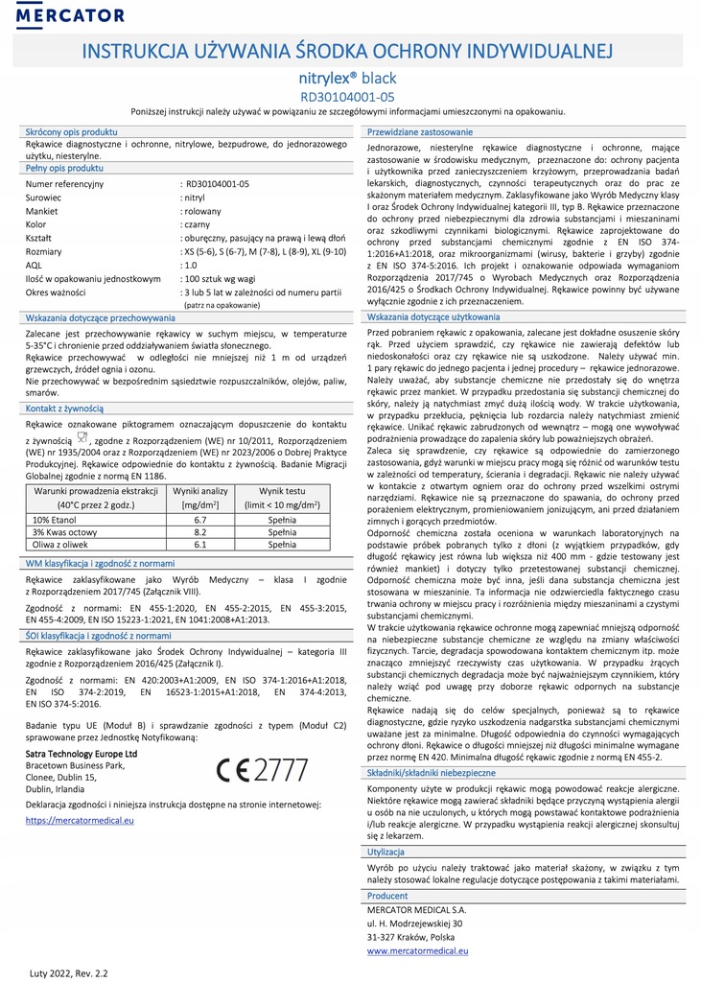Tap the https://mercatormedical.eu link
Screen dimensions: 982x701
click(x=80, y=820)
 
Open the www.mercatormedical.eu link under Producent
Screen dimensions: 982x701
click(x=417, y=950)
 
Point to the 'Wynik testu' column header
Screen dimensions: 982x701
click(x=281, y=490)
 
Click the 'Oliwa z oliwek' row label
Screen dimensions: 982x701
click(x=63, y=544)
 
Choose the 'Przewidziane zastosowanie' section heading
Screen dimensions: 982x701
click(x=419, y=130)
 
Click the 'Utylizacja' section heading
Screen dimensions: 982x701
click(x=387, y=851)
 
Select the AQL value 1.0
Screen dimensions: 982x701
click(x=190, y=264)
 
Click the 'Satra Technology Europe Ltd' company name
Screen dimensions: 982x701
click(x=81, y=754)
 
